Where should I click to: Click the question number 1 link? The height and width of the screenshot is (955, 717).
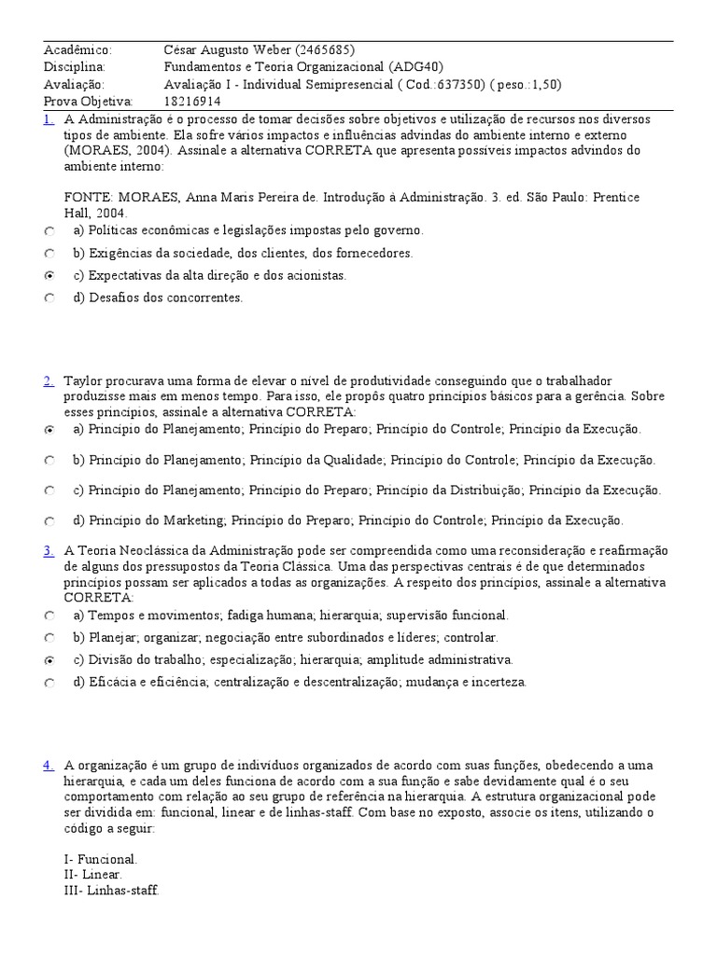(x=48, y=119)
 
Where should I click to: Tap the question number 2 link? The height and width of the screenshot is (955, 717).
(x=48, y=381)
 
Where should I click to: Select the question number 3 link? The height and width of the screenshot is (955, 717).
(x=48, y=551)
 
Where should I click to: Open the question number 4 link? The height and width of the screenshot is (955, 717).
(x=48, y=766)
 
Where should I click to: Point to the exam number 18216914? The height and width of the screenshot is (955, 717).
(x=192, y=101)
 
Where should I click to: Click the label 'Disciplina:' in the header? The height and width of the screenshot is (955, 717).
(x=75, y=67)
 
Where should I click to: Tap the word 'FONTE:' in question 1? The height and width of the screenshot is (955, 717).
(x=88, y=198)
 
